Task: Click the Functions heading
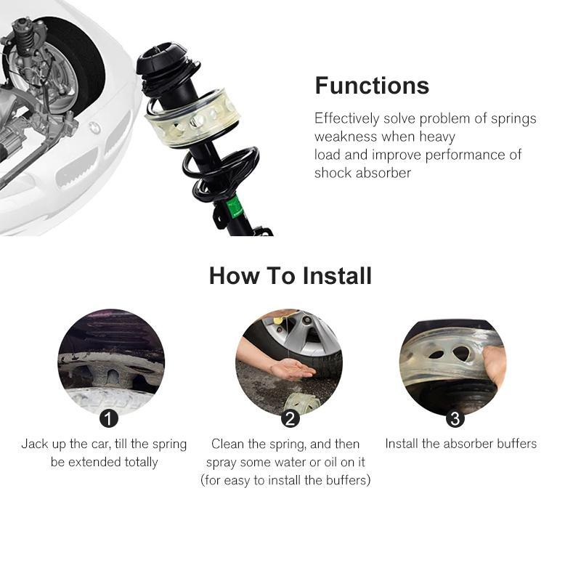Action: (372, 86)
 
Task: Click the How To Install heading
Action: (290, 276)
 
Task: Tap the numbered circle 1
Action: (108, 418)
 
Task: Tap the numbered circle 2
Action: (290, 418)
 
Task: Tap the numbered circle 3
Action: (455, 418)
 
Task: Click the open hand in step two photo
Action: (290, 369)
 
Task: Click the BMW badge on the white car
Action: (94, 128)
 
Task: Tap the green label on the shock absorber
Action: (234, 207)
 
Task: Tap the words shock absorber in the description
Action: (362, 173)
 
